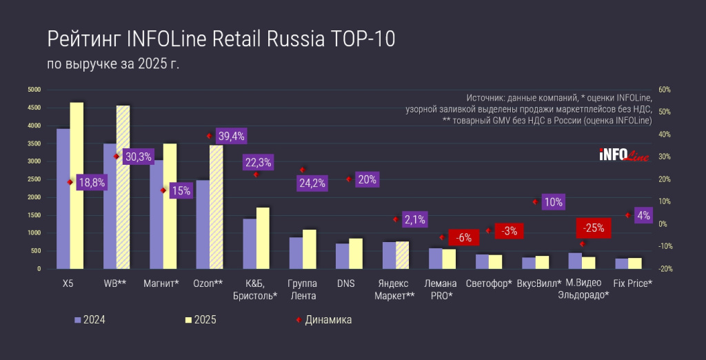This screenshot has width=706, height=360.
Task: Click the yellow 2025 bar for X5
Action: tap(77, 186)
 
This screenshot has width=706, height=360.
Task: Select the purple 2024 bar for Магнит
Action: tap(157, 214)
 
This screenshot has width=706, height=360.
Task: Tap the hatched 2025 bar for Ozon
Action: tap(216, 207)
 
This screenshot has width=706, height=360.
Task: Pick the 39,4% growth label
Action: tap(230, 136)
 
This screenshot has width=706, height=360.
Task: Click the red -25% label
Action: tap(592, 228)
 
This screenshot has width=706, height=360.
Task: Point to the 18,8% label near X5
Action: tap(90, 182)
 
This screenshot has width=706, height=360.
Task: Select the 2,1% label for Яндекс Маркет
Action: tap(414, 220)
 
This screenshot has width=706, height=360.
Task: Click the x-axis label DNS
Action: tap(346, 283)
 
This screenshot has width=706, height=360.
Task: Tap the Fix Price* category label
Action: tap(634, 283)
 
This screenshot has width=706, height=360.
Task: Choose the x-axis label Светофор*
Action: tap(489, 283)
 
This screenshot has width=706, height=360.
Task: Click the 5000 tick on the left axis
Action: tap(34, 90)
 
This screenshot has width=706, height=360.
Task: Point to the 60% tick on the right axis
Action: tap(665, 90)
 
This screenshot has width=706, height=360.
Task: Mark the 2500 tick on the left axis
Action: tap(34, 179)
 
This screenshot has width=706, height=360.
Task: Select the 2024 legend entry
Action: tap(90, 320)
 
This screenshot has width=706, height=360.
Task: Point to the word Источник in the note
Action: tap(490, 98)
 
